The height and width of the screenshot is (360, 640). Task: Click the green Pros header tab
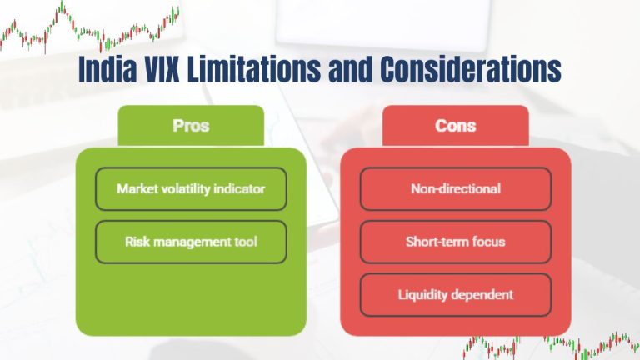point(191,126)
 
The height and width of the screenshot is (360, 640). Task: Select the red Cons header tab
point(455,126)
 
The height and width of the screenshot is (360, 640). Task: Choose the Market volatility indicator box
point(191,188)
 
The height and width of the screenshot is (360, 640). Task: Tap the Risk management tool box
point(191,242)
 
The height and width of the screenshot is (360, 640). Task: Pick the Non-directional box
point(455,188)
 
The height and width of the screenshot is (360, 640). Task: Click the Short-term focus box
point(455,242)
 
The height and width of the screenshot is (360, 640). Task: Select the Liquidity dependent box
point(455,294)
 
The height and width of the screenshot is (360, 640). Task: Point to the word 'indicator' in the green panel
point(240,188)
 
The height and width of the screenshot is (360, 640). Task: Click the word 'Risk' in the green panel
point(137,242)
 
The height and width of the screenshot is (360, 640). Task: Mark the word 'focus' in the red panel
point(487,242)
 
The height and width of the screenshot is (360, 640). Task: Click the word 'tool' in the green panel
point(244,242)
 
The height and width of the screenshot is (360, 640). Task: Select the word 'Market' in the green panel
point(137,188)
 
